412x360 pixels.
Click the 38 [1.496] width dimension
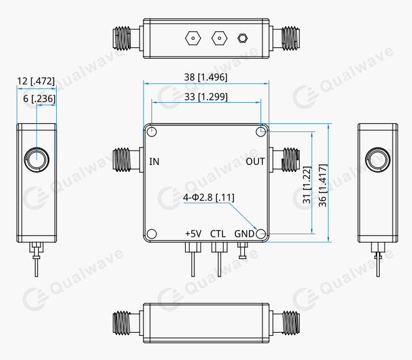(206, 77)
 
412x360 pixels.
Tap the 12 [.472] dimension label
(36, 81)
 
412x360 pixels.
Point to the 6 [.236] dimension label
(39, 99)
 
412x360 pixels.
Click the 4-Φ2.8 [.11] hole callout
(209, 197)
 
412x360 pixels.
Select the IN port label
(155, 162)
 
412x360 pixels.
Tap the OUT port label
(256, 162)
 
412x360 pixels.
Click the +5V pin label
(193, 234)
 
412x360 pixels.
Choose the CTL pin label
(218, 234)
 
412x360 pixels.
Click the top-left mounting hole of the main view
(151, 131)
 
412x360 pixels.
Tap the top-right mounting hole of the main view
(261, 131)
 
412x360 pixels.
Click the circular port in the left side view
(36, 159)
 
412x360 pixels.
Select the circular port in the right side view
(376, 159)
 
